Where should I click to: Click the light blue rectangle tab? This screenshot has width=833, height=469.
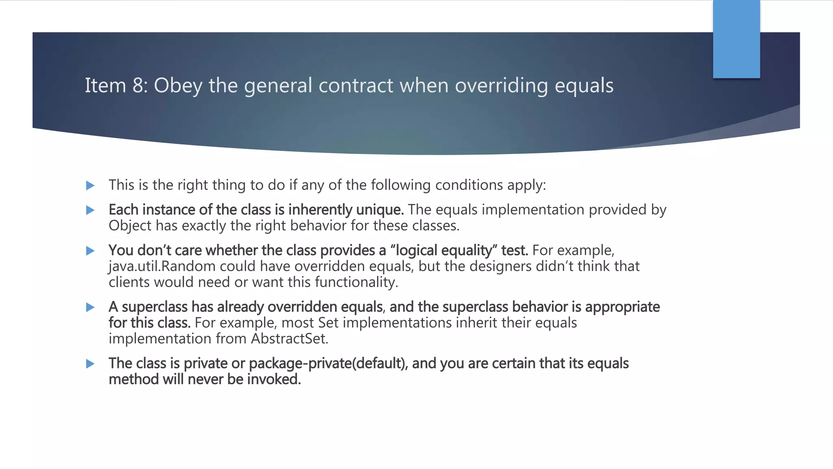pyautogui.click(x=736, y=39)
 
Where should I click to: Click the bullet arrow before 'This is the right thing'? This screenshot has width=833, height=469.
pyautogui.click(x=90, y=186)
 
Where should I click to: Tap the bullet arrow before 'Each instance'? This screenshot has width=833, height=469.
pyautogui.click(x=90, y=210)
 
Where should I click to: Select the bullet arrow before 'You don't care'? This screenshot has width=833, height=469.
pyautogui.click(x=90, y=251)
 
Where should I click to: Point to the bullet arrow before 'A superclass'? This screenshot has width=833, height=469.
pyautogui.click(x=90, y=307)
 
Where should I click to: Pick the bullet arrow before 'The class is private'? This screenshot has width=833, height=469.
pyautogui.click(x=90, y=364)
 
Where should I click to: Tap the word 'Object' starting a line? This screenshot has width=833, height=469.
pyautogui.click(x=130, y=226)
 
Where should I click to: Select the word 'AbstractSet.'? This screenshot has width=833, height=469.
pyautogui.click(x=290, y=339)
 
